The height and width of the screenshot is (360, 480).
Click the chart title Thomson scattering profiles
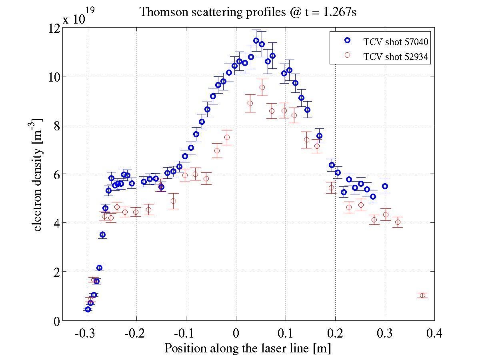tap(248, 12)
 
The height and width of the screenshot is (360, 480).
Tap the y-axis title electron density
tap(38, 174)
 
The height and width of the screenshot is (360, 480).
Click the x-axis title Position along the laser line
tap(248, 348)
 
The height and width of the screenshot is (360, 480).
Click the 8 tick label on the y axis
tap(56, 125)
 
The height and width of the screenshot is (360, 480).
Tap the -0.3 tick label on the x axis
tap(85, 333)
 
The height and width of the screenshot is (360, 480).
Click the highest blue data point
tap(256, 40)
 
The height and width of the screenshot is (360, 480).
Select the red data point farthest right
tap(422, 295)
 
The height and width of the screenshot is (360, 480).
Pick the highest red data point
tap(262, 87)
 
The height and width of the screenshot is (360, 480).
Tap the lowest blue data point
tap(88, 309)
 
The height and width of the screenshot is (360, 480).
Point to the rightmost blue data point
tap(385, 186)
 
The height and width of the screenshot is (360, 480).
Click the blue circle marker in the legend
tap(347, 40)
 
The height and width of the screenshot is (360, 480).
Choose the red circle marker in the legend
tap(347, 56)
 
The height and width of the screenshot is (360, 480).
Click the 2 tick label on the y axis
tap(56, 272)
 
